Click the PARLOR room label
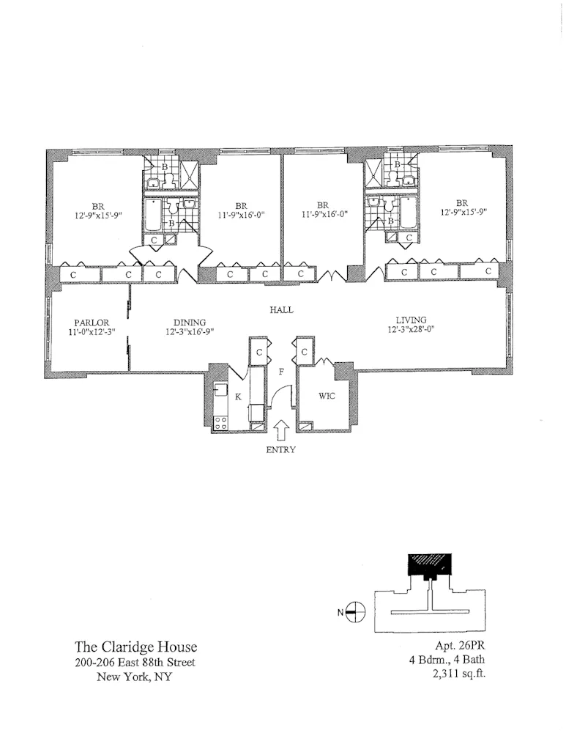(x=92, y=323)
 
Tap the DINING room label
(x=189, y=323)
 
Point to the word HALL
(x=281, y=310)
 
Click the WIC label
(x=327, y=396)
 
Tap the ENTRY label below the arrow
(x=280, y=450)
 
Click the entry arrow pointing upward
(x=281, y=430)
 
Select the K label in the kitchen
(x=239, y=397)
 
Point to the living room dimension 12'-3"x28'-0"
(x=410, y=330)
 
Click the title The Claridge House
(x=135, y=648)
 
